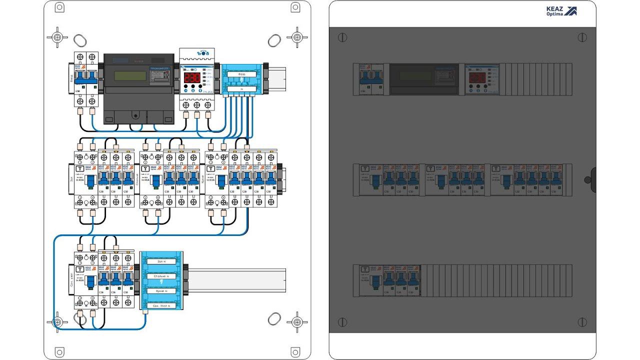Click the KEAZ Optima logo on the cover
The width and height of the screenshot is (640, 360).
click(561, 11)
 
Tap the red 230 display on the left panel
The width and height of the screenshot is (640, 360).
click(192, 77)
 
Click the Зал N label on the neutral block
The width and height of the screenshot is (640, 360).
click(161, 261)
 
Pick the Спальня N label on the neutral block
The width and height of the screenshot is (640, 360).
click(161, 275)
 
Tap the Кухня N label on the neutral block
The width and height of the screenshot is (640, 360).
click(161, 290)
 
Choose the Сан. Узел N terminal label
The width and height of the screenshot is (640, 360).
click(161, 305)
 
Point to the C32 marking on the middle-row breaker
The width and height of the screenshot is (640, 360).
click(232, 191)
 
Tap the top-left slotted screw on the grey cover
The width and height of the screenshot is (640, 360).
click(342, 37)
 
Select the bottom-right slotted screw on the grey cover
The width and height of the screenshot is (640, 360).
click(582, 322)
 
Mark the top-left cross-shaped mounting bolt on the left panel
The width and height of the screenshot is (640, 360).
click(58, 37)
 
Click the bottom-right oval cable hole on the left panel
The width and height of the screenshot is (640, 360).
click(274, 318)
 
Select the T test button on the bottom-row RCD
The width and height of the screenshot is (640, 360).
click(78, 268)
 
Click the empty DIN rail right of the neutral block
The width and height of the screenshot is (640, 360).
click(235, 277)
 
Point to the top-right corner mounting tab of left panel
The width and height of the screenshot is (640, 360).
click(295, 7)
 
